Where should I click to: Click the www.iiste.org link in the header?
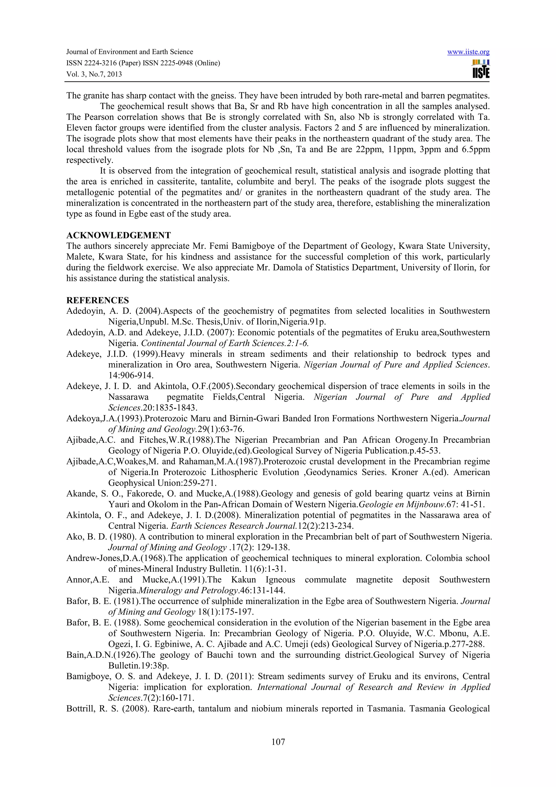pyautogui.click(x=468, y=52)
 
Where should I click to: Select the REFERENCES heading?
pyautogui.click(x=98, y=300)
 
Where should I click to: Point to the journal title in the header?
pyautogui.click(x=129, y=52)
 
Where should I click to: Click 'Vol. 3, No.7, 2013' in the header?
pyautogui.click(x=94, y=74)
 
